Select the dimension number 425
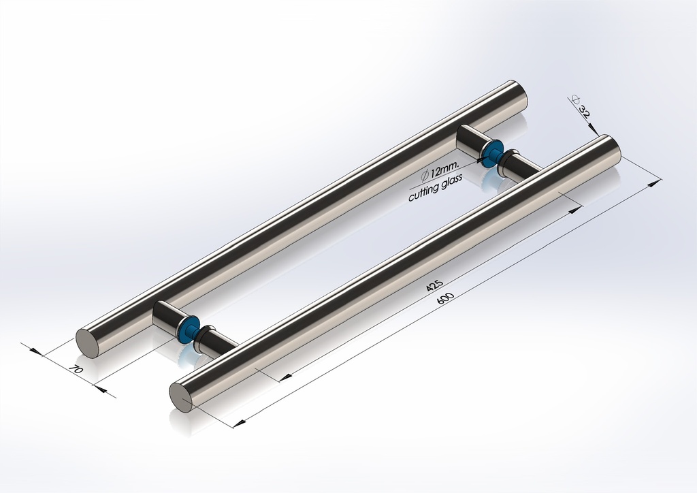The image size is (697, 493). coord(434,285)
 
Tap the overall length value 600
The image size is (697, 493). coord(447,298)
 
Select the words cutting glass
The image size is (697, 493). coord(435,187)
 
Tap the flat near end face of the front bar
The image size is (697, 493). coord(180,397)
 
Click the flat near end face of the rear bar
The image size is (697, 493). coord(87,343)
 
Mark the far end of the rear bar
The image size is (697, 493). coord(517,95)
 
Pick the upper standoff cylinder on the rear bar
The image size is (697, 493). coord(470,141)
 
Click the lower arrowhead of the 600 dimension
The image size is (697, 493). coord(238,424)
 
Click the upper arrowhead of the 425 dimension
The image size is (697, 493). coord(576,209)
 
